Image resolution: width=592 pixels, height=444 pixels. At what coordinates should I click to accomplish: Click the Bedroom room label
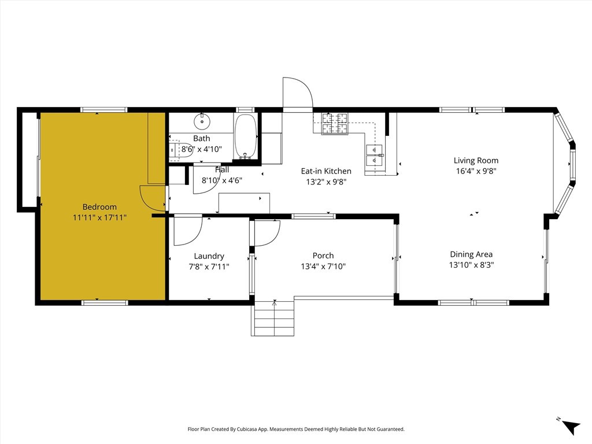tap(99, 207)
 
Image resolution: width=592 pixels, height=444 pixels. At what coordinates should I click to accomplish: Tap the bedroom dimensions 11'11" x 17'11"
tap(99, 218)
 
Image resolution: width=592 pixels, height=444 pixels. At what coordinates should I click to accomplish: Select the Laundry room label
tap(209, 256)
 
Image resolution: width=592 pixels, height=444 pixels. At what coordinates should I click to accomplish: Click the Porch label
tap(323, 256)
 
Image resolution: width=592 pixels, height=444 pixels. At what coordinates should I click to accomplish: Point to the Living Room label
tap(476, 161)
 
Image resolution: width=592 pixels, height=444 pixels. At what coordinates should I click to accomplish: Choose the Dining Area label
tap(471, 254)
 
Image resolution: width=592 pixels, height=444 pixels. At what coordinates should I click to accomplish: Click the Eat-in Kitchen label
tap(326, 171)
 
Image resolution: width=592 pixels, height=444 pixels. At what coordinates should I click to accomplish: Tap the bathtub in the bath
tap(246, 136)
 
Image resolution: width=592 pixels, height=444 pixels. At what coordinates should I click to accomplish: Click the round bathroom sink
tap(202, 121)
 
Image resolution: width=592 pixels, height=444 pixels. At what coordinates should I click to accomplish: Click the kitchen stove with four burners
tap(335, 123)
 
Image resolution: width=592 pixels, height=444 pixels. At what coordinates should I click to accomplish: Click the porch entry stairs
tap(273, 319)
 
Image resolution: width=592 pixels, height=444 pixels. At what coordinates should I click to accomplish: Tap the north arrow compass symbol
tap(570, 425)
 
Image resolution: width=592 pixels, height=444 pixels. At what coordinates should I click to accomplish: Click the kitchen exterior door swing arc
tap(298, 92)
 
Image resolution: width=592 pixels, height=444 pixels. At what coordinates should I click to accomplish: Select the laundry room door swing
tap(187, 230)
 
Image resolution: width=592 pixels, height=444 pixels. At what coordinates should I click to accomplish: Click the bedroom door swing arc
tap(153, 198)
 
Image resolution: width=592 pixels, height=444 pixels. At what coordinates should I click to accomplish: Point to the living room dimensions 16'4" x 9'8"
tap(476, 171)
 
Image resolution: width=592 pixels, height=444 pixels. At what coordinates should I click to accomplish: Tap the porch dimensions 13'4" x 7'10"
tap(323, 267)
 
